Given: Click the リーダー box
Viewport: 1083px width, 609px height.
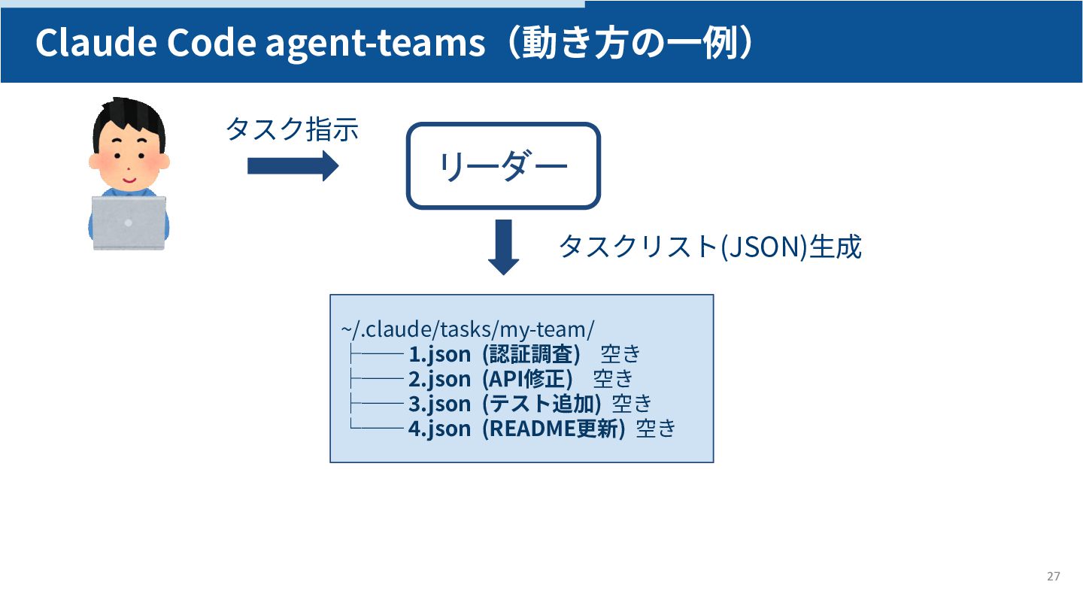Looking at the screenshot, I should [x=503, y=165].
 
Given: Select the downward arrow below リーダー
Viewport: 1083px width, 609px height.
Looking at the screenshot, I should [x=504, y=247].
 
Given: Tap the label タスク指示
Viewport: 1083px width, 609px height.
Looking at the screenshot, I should [x=292, y=129].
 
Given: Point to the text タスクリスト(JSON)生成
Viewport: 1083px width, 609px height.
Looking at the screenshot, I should [x=709, y=247].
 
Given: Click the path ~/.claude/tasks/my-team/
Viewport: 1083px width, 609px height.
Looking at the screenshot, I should [x=467, y=329].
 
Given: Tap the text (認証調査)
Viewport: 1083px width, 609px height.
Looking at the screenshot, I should [x=532, y=353].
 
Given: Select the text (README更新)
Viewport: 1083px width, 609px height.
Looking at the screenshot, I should [x=554, y=429].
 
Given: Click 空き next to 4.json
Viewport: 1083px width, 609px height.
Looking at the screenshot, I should [x=657, y=429].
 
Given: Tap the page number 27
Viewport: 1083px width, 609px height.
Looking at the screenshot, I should [x=1053, y=577].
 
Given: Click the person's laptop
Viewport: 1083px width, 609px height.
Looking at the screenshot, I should [x=129, y=223].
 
